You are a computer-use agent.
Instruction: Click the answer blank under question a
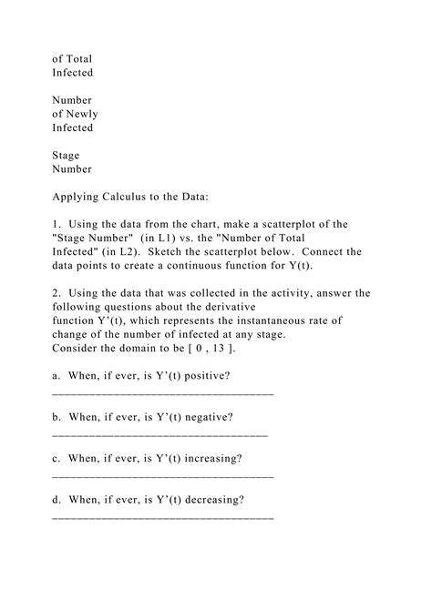pos(163,391)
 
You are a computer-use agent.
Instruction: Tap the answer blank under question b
pos(160,433)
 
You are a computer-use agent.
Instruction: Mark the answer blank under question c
pos(163,474)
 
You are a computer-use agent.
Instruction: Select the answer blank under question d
pos(163,516)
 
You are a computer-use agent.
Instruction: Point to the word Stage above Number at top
pos(67,156)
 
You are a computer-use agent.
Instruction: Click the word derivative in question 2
pos(226,307)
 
